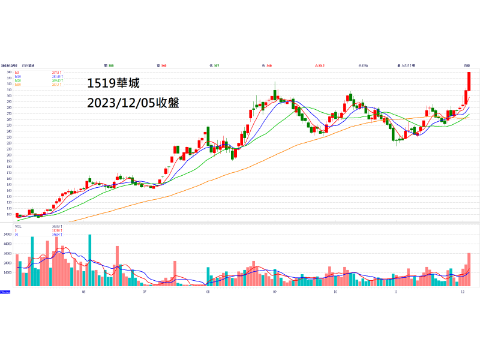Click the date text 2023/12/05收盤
pyautogui.click(x=133, y=103)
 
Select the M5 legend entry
pyautogui.click(x=17, y=72)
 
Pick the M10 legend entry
pyautogui.click(x=17, y=76)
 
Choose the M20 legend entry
pyautogui.click(x=17, y=80)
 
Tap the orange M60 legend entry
pyautogui.click(x=17, y=85)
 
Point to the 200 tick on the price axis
pyautogui.click(x=9, y=155)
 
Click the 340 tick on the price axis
pyautogui.click(x=9, y=72)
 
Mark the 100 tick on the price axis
pyautogui.click(x=9, y=214)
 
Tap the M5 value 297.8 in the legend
pyautogui.click(x=56, y=72)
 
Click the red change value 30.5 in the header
pyautogui.click(x=320, y=65)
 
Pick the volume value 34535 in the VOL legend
pyautogui.click(x=56, y=226)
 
